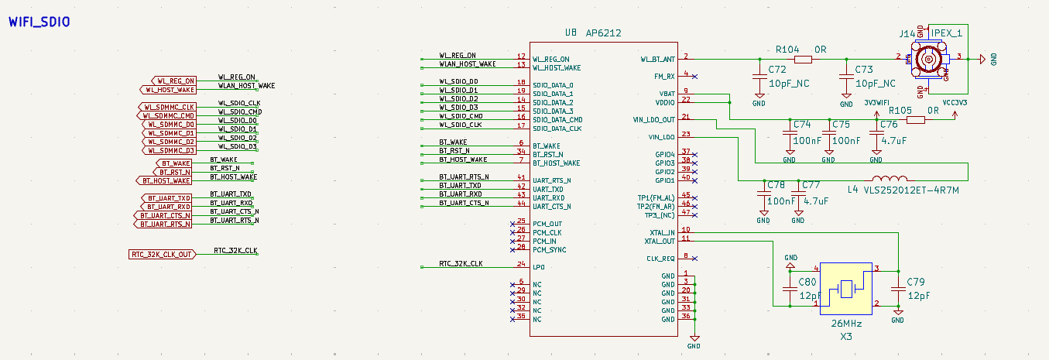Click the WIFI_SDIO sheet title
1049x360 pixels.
click(39, 22)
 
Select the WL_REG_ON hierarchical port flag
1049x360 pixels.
click(173, 81)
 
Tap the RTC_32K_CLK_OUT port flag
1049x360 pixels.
click(161, 255)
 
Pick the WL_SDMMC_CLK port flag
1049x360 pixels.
click(169, 107)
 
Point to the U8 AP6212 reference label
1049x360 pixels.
click(593, 33)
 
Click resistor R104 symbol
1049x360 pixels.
click(803, 59)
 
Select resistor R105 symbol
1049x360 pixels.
click(916, 120)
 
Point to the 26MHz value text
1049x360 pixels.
click(846, 323)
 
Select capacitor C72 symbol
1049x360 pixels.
click(759, 77)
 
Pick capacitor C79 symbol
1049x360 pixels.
click(898, 291)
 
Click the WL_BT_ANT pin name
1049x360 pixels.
click(657, 59)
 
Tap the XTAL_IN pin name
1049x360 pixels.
click(662, 232)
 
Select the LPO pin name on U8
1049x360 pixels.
click(539, 267)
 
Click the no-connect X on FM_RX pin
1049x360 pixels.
click(695, 76)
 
